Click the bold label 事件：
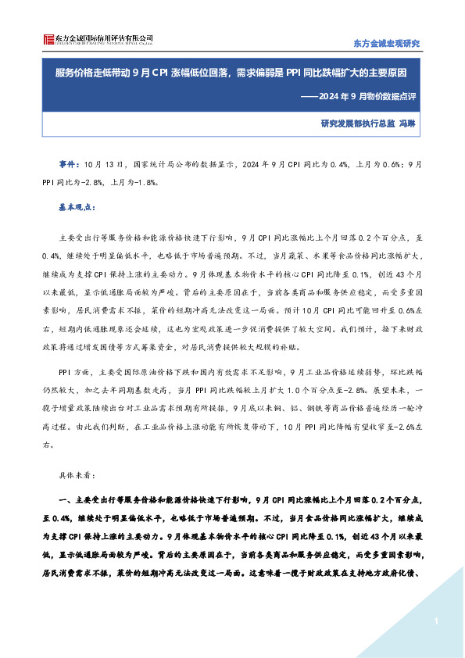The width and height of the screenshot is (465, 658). click(x=70, y=166)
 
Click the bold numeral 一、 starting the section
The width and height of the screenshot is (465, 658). click(x=65, y=500)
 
